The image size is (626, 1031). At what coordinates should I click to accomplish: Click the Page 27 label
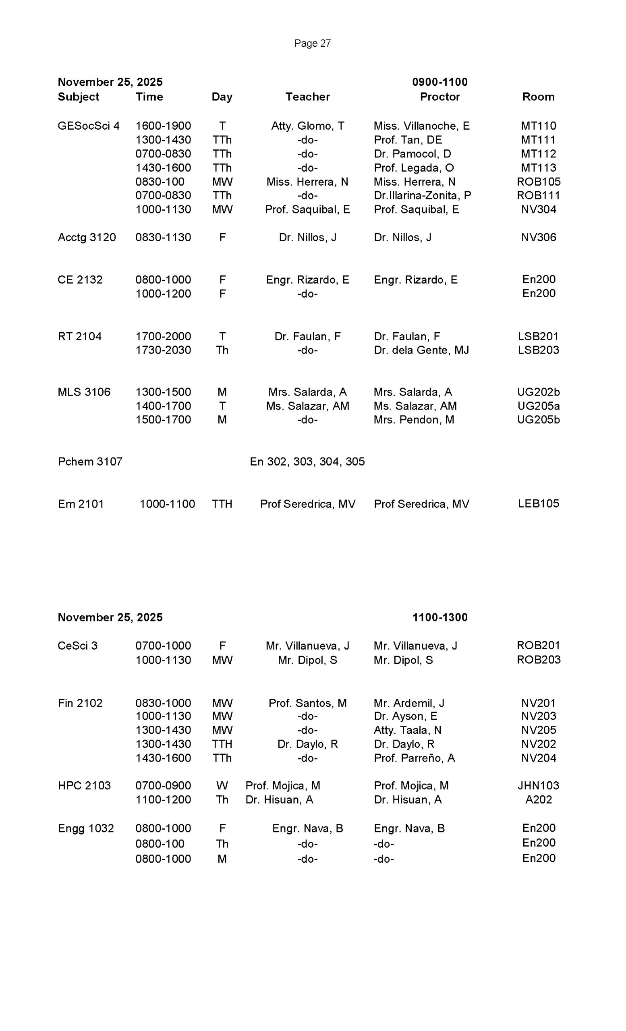[x=312, y=43]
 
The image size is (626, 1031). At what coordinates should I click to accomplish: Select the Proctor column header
[x=439, y=97]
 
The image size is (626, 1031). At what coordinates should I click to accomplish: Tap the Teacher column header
[x=307, y=97]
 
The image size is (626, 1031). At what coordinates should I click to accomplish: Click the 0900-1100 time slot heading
[x=439, y=82]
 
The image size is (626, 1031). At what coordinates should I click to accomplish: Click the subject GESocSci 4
[x=89, y=126]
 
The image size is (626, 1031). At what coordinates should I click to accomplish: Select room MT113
[x=538, y=168]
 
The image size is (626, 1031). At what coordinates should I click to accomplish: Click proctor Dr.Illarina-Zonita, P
[x=422, y=195]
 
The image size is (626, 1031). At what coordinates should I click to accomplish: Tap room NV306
[x=538, y=237]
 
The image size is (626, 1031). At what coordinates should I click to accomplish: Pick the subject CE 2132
[x=80, y=279]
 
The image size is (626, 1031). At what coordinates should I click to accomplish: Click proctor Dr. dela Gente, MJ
[x=421, y=350]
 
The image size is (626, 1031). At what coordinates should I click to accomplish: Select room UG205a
[x=538, y=406]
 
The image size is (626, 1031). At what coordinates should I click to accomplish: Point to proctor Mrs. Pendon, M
[x=413, y=420]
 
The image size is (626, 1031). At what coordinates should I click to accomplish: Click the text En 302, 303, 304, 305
[x=307, y=462]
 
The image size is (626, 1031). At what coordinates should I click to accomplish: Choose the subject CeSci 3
[x=77, y=646]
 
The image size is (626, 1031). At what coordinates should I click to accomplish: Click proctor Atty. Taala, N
[x=407, y=730]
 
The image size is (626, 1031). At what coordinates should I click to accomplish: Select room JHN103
[x=538, y=786]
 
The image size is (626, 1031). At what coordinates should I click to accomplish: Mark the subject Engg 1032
[x=86, y=828]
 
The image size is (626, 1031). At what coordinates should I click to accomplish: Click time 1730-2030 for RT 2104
[x=163, y=350]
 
